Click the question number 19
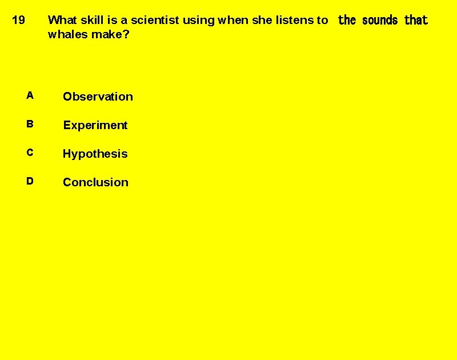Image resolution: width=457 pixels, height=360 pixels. pos(18,21)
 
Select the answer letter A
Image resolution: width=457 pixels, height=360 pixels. pos(30,95)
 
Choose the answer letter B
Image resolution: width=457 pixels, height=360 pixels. pos(30,124)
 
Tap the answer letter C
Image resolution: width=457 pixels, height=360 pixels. pos(30,153)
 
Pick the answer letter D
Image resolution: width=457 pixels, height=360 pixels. pos(30,181)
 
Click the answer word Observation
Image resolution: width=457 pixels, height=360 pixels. pos(98,97)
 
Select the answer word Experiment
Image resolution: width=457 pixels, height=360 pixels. pos(95,125)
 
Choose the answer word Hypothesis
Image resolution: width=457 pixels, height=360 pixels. pos(95,154)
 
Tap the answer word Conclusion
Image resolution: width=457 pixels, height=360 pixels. pos(95,182)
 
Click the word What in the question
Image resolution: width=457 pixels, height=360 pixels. pos(62,20)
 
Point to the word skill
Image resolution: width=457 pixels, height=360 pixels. pos(92,20)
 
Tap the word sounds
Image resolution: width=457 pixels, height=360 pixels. pos(380,21)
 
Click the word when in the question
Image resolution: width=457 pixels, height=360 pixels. pos(232,20)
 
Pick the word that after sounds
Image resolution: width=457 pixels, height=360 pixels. pos(416,21)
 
